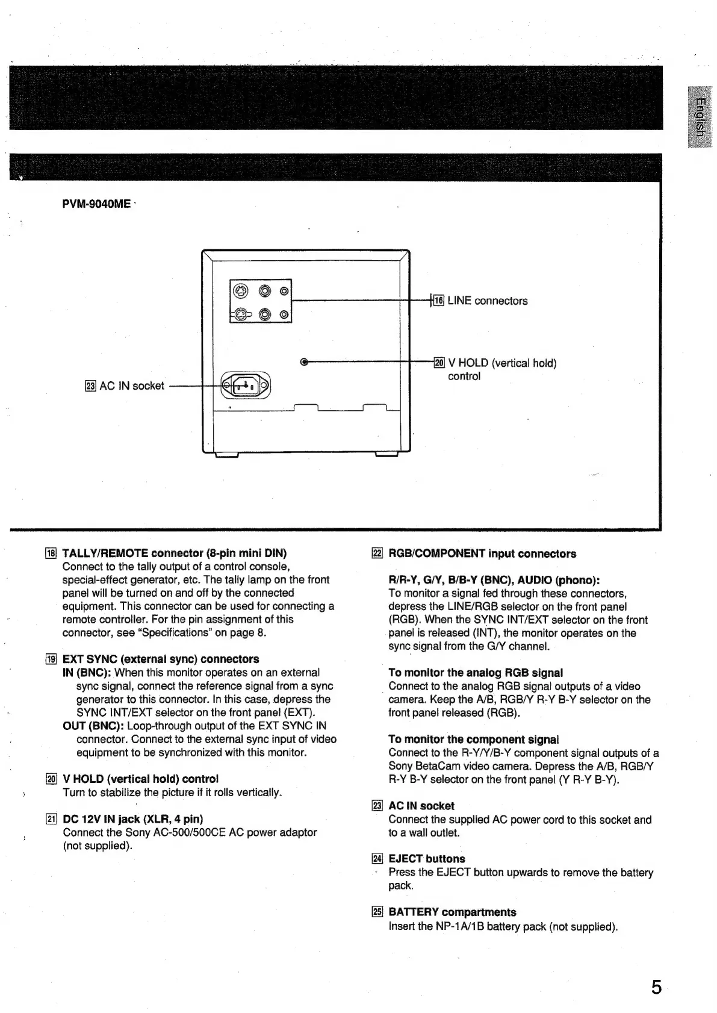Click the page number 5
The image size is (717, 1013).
click(x=656, y=987)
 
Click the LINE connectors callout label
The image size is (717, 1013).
click(x=487, y=301)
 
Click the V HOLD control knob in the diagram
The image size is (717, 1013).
click(x=303, y=362)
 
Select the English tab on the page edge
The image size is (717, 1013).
click(x=699, y=118)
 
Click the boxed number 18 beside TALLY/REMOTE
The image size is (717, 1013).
click(x=52, y=553)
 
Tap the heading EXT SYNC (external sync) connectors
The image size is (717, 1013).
click(x=161, y=659)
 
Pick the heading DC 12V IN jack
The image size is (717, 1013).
click(x=132, y=818)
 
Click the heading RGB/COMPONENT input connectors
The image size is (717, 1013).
click(x=482, y=553)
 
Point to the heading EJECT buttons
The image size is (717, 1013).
click(x=427, y=859)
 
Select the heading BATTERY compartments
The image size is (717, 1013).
click(x=452, y=912)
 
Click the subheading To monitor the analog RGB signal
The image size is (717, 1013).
click(x=476, y=673)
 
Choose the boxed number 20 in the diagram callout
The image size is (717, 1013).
click(x=439, y=363)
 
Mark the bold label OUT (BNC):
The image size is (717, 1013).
click(x=93, y=726)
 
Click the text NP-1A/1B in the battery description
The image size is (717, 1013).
click(x=460, y=926)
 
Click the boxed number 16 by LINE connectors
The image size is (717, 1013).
click(x=439, y=301)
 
